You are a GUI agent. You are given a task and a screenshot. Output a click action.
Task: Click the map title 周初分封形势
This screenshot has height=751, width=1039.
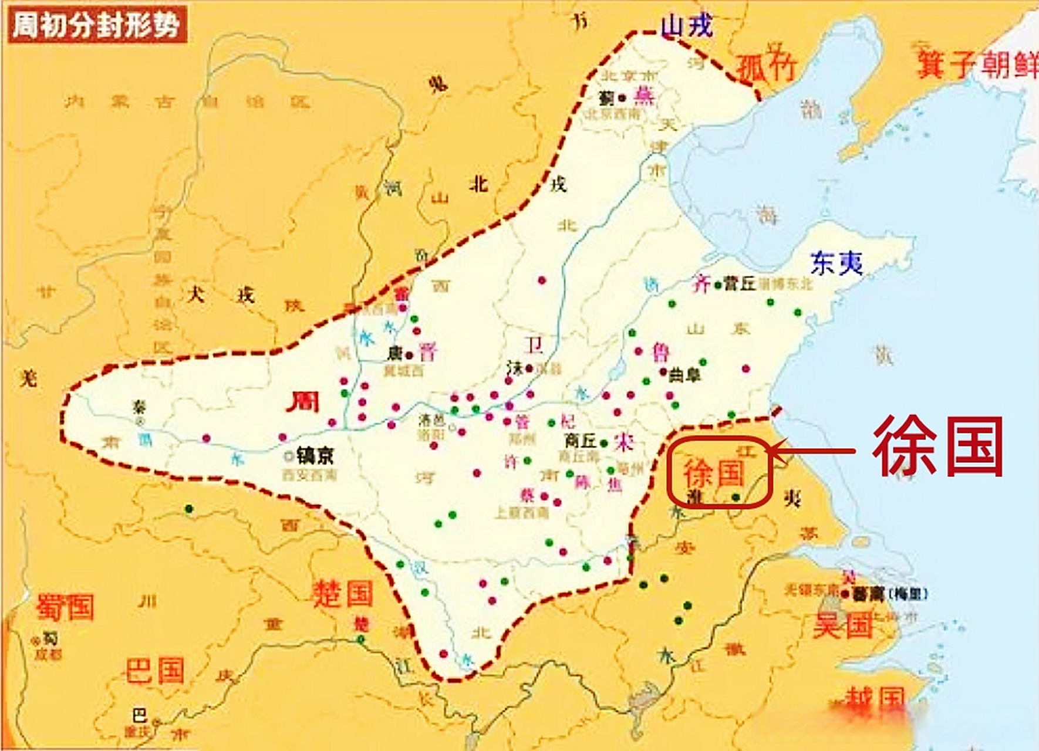(x=97, y=25)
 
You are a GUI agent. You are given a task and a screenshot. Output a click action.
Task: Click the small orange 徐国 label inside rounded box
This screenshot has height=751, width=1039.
(x=714, y=473)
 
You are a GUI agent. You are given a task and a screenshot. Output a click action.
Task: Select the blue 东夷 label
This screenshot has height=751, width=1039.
(x=836, y=263)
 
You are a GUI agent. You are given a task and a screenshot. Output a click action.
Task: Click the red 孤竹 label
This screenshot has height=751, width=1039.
(x=766, y=67)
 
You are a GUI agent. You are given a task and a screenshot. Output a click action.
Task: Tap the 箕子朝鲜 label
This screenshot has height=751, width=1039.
(x=977, y=64)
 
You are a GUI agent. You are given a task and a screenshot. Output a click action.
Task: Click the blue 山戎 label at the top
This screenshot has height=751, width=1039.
(x=687, y=26)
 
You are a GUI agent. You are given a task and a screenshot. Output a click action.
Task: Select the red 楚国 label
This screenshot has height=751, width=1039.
(x=343, y=593)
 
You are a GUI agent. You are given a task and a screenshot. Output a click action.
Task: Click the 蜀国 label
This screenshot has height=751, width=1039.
(x=65, y=607)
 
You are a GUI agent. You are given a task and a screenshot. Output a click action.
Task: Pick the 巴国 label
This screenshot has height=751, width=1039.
(x=155, y=671)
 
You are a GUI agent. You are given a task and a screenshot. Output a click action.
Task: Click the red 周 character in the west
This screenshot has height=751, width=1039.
(x=302, y=402)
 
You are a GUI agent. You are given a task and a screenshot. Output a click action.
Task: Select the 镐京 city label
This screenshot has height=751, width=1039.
(x=315, y=455)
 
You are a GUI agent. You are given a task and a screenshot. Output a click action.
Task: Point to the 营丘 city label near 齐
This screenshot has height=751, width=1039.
(x=739, y=283)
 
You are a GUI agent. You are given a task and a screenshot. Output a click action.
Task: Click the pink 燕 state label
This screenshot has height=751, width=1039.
(x=644, y=96)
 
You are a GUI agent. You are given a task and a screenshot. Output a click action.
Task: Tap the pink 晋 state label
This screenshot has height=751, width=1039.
(x=428, y=353)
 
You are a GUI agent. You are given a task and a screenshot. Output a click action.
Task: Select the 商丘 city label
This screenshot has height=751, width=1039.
(x=580, y=440)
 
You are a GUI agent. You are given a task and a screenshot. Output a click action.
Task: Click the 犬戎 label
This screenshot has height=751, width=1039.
(x=221, y=294)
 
